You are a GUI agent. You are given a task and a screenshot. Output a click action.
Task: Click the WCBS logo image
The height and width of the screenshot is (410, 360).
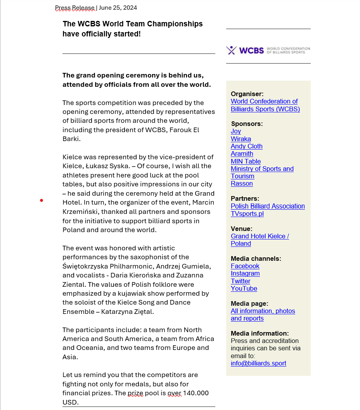coord(268,50)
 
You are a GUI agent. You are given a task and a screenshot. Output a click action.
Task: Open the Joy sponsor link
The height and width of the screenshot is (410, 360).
coord(236,131)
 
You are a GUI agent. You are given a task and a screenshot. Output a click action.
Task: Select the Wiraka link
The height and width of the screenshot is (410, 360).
coord(241,139)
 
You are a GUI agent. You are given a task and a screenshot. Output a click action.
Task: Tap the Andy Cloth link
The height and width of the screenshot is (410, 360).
coord(247,146)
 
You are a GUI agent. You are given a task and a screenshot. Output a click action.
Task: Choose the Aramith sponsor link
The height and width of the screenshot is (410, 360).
coord(242,153)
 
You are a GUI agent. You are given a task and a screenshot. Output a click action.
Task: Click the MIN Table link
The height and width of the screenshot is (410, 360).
coord(246,161)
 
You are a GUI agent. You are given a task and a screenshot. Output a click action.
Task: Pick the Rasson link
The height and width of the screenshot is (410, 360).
coord(242,183)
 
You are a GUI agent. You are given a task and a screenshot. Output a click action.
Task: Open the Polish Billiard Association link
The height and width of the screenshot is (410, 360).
coord(268,206)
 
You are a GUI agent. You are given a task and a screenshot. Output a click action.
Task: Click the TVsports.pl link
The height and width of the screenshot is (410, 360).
coord(247,214)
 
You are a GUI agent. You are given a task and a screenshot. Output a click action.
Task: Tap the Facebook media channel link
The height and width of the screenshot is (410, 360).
coord(245,266)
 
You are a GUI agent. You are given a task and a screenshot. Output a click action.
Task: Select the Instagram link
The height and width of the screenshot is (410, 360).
coord(245,273)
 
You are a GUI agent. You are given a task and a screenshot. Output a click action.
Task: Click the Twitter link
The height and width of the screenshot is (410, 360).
coord(241,281)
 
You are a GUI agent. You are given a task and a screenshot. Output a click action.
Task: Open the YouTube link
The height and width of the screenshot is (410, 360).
coord(244,288)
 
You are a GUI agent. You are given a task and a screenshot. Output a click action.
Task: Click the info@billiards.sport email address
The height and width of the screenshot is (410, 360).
coord(258,363)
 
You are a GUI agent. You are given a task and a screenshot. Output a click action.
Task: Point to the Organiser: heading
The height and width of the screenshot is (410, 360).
coord(247,94)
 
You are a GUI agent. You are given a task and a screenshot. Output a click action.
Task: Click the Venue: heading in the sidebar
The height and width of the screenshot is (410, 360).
coord(241,229)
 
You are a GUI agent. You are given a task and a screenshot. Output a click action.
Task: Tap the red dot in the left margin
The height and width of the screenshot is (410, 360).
coord(42,200)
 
